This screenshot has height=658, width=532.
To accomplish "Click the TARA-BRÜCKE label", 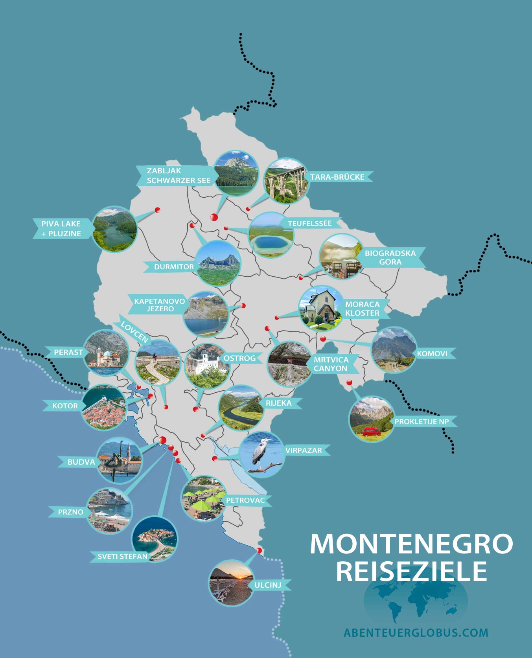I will click(x=337, y=177).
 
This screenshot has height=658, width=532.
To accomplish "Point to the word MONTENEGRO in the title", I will click(x=411, y=544).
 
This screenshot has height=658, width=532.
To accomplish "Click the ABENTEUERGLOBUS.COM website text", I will click(x=416, y=632).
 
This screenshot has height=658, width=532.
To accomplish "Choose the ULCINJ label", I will click(x=268, y=585).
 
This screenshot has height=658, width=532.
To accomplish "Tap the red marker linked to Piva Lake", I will click(x=157, y=210).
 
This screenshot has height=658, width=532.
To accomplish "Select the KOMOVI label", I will click(x=432, y=353).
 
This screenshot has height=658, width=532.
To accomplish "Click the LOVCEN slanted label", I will click(x=134, y=331).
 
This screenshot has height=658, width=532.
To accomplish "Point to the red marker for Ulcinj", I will click(x=259, y=550).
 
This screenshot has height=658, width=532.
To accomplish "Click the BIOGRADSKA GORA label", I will click(x=390, y=257).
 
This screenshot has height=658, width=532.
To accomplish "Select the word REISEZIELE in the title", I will click(x=411, y=571).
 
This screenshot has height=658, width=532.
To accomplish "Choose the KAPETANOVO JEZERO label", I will click(x=160, y=305).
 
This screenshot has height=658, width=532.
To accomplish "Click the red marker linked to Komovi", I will click(x=323, y=339).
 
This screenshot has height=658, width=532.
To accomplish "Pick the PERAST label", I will click(x=68, y=352).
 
